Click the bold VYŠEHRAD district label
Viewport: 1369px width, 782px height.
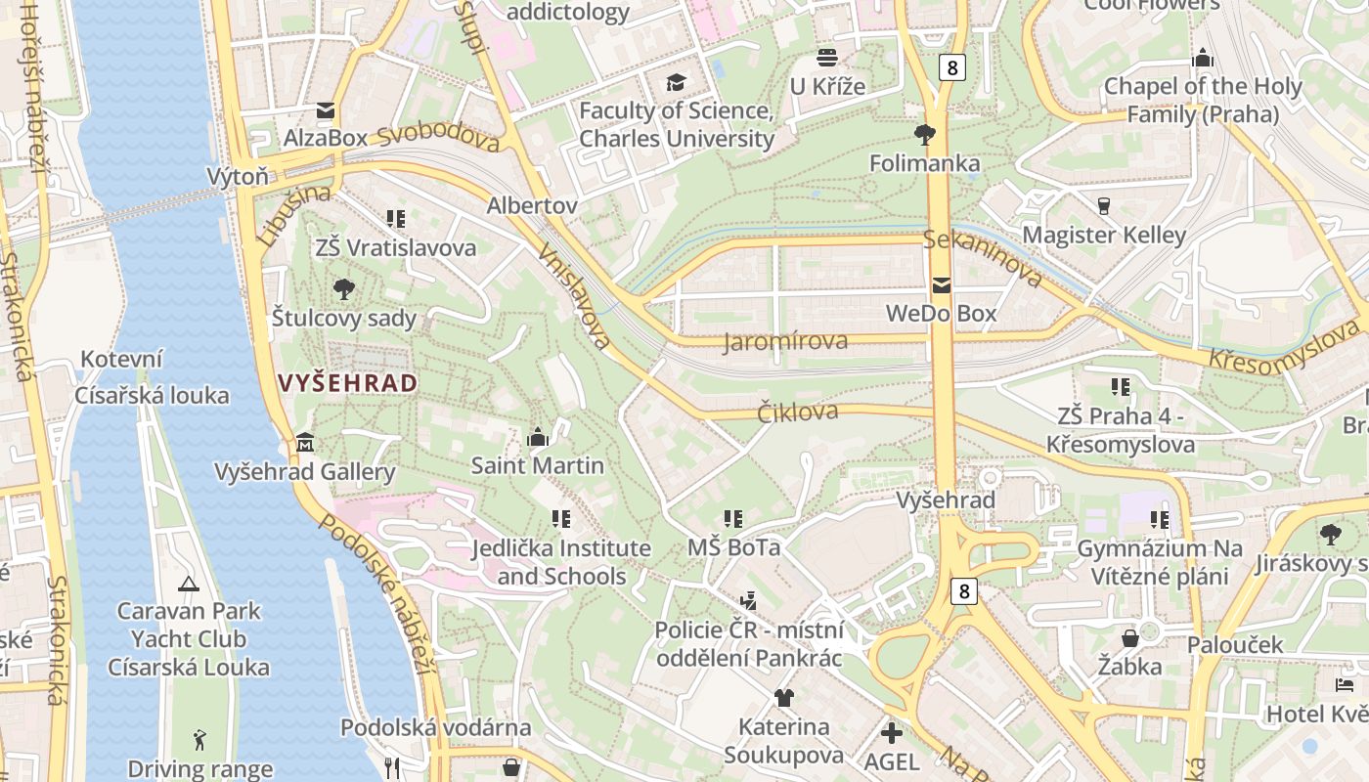[x=348, y=382]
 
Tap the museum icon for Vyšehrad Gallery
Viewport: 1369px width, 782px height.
[x=305, y=443]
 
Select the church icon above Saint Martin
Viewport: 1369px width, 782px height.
[x=538, y=437]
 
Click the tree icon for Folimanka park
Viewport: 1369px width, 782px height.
[x=924, y=134]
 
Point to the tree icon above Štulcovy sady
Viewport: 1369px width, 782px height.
[x=343, y=288]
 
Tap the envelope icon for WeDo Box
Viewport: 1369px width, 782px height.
[x=941, y=285]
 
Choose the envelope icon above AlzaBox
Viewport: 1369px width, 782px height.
[x=325, y=109]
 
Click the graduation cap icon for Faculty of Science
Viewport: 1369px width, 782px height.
[x=676, y=81]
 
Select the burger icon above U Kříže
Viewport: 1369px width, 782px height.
[x=827, y=57]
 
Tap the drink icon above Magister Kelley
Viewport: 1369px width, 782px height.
[x=1104, y=205]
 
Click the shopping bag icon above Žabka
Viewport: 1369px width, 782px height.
[x=1129, y=638]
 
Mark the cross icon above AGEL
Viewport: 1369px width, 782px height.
[x=892, y=732]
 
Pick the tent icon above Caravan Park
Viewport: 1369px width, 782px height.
[x=189, y=584]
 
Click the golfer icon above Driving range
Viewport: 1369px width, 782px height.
[x=200, y=739]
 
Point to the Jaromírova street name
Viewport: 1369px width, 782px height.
[x=785, y=341]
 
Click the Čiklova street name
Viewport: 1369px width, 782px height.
[x=798, y=412]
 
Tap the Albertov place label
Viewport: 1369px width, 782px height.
[x=532, y=205]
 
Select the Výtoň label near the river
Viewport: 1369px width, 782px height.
[x=238, y=176]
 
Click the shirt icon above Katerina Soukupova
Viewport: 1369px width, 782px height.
[x=783, y=697]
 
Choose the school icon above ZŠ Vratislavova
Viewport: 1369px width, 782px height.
[x=395, y=218]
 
